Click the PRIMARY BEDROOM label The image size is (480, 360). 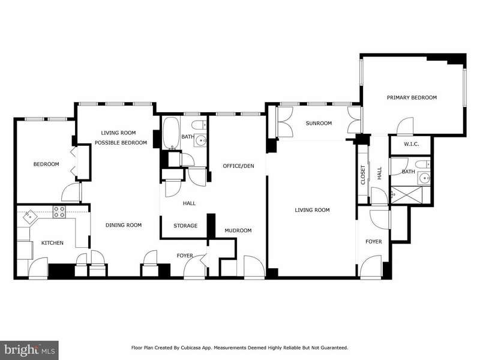(412, 98)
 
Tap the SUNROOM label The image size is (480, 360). (319, 124)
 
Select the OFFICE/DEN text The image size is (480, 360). (238, 166)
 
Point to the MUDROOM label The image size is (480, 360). (238, 230)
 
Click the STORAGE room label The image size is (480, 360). (185, 226)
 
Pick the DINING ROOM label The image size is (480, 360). (124, 226)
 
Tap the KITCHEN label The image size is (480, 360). (52, 243)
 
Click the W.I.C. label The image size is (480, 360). (411, 144)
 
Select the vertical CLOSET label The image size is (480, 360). (363, 175)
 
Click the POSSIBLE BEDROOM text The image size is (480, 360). (121, 143)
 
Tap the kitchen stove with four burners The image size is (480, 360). (59, 212)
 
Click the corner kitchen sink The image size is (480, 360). (30, 217)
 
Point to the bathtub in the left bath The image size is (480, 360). (171, 133)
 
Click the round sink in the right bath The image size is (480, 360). (425, 177)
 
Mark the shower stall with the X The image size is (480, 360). (407, 195)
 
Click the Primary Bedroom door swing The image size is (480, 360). (406, 126)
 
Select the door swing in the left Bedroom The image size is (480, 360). (71, 192)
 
